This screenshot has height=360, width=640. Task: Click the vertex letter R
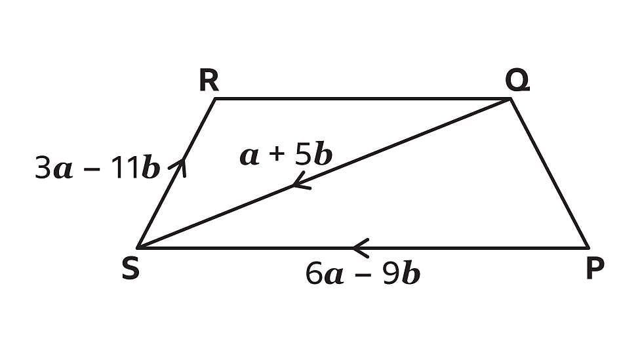[x=209, y=80]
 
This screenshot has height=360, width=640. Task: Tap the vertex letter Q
[x=517, y=81]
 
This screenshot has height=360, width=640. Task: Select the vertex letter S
[x=130, y=269]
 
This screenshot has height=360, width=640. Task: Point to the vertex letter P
[x=595, y=268]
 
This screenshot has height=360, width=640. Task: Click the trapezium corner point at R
[x=216, y=99]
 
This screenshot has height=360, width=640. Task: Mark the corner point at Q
[x=510, y=99]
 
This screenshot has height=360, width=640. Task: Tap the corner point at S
[x=138, y=247]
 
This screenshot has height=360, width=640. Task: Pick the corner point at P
[x=588, y=247]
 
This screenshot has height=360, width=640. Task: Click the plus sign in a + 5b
[x=276, y=154]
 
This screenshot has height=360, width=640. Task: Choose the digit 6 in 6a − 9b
[x=314, y=273]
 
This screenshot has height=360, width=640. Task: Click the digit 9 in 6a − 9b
[x=391, y=273]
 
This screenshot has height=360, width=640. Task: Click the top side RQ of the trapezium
[x=363, y=99]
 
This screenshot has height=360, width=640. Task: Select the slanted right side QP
[x=549, y=173]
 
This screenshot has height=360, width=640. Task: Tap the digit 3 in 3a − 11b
[x=43, y=167]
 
